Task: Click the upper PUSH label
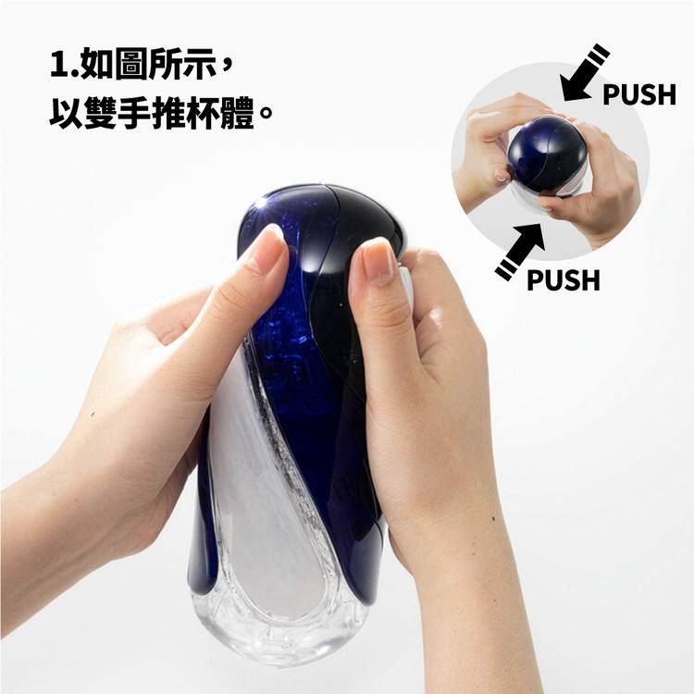pos(639,94)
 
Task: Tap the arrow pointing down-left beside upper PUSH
pos(586,71)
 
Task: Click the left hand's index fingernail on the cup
pos(264,247)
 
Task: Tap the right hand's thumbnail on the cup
pos(378,262)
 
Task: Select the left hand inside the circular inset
pos(486,148)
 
